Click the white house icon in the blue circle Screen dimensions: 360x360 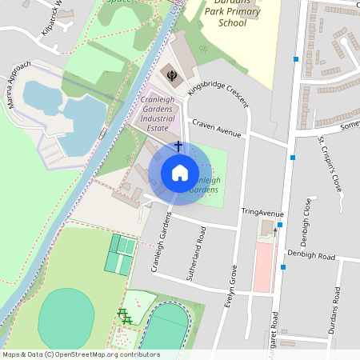pos(179,173)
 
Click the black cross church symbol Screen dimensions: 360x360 pos(178,147)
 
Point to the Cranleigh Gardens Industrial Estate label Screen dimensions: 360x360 pos(157,111)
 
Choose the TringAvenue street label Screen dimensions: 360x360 pos(262,214)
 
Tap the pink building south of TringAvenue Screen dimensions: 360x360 pos(262,267)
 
